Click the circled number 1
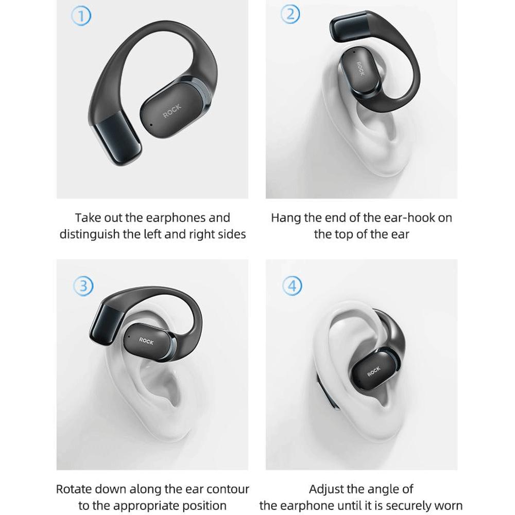point(81,16)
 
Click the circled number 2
point(290,14)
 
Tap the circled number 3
point(83,286)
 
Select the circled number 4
point(293,285)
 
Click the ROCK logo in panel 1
point(172,111)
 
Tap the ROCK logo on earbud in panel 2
point(360,68)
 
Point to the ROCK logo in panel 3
point(146,341)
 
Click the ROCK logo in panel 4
point(374,371)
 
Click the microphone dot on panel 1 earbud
point(151,125)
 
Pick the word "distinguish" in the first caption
point(89,234)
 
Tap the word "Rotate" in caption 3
point(73,489)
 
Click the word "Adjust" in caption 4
point(325,489)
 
